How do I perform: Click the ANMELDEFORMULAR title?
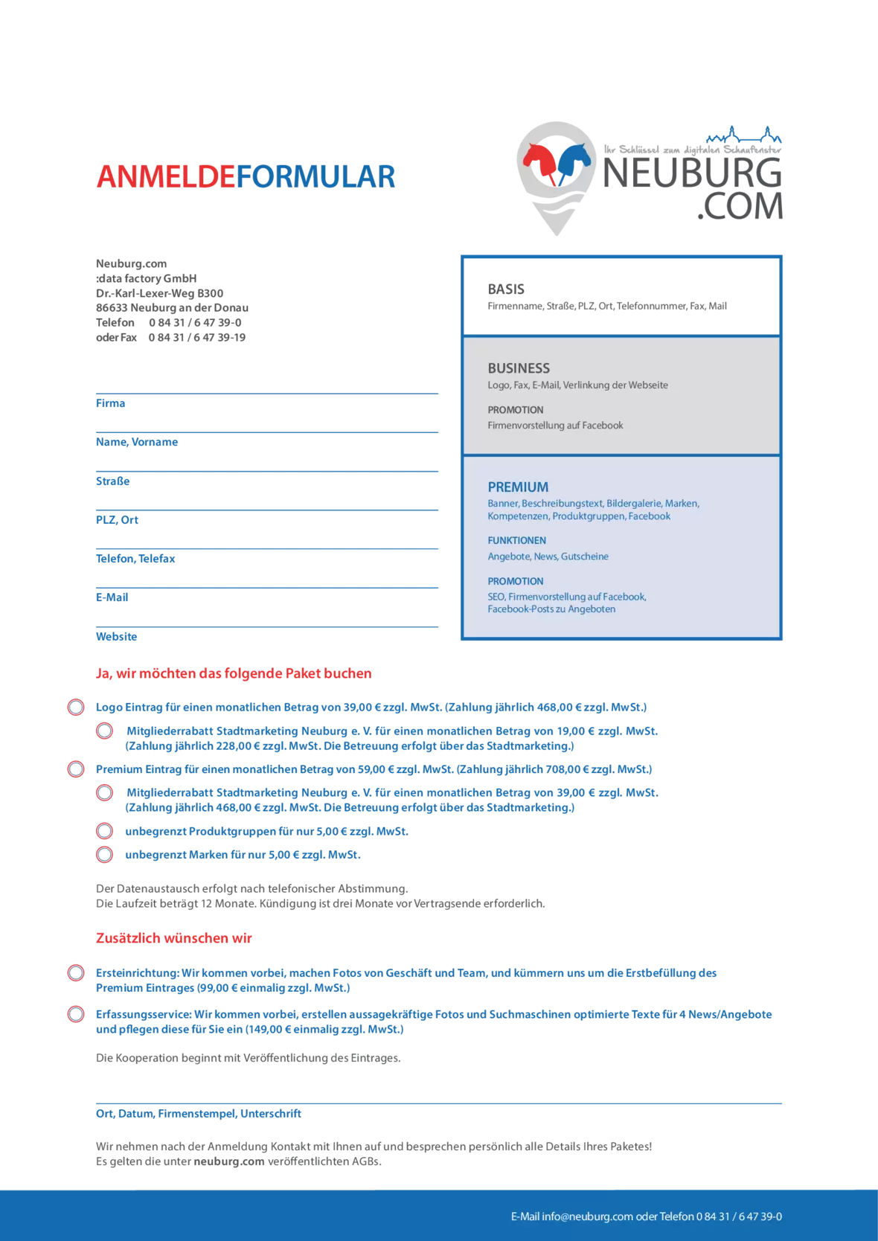pyautogui.click(x=246, y=176)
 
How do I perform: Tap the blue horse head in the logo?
pyautogui.click(x=574, y=158)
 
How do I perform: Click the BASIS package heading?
pyautogui.click(x=506, y=289)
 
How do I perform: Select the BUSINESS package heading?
pyautogui.click(x=519, y=368)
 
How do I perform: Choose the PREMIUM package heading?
pyautogui.click(x=518, y=487)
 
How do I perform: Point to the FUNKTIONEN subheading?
pyautogui.click(x=516, y=541)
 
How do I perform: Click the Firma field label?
pyautogui.click(x=110, y=403)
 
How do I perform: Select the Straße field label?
pyautogui.click(x=113, y=481)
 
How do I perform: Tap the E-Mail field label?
pyautogui.click(x=112, y=597)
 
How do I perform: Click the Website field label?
pyautogui.click(x=117, y=636)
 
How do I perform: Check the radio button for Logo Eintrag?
pyautogui.click(x=76, y=707)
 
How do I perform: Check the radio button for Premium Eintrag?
pyautogui.click(x=76, y=769)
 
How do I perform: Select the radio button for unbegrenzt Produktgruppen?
pyautogui.click(x=105, y=831)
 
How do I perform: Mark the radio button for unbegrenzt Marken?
pyautogui.click(x=105, y=854)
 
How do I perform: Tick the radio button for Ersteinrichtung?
pyautogui.click(x=76, y=972)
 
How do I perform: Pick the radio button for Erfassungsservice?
pyautogui.click(x=76, y=1014)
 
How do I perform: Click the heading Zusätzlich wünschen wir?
pyautogui.click(x=173, y=938)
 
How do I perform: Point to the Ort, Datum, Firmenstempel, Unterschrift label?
pyautogui.click(x=199, y=1114)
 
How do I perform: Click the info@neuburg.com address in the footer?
pyautogui.click(x=587, y=1216)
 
